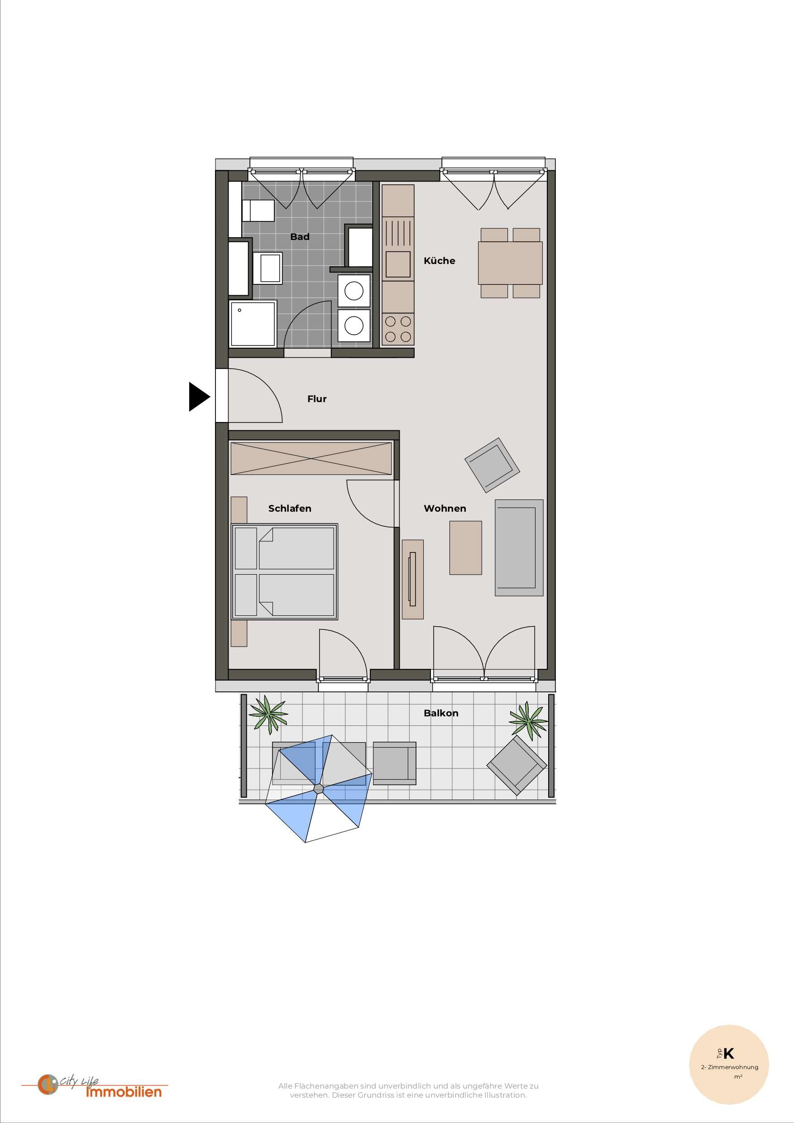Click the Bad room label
300,237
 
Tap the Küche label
439,261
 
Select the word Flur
317,398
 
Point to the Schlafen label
289,508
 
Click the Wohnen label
445,508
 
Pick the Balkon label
441,713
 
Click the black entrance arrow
198,396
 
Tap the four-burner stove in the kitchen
398,329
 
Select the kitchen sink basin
398,264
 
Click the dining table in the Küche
510,263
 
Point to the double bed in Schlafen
285,571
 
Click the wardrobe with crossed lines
311,458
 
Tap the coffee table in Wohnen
465,547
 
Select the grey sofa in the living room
519,547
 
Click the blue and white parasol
318,788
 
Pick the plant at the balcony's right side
527,720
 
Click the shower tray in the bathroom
253,323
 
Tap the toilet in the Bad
258,210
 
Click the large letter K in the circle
728,1053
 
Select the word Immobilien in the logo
124,1092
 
